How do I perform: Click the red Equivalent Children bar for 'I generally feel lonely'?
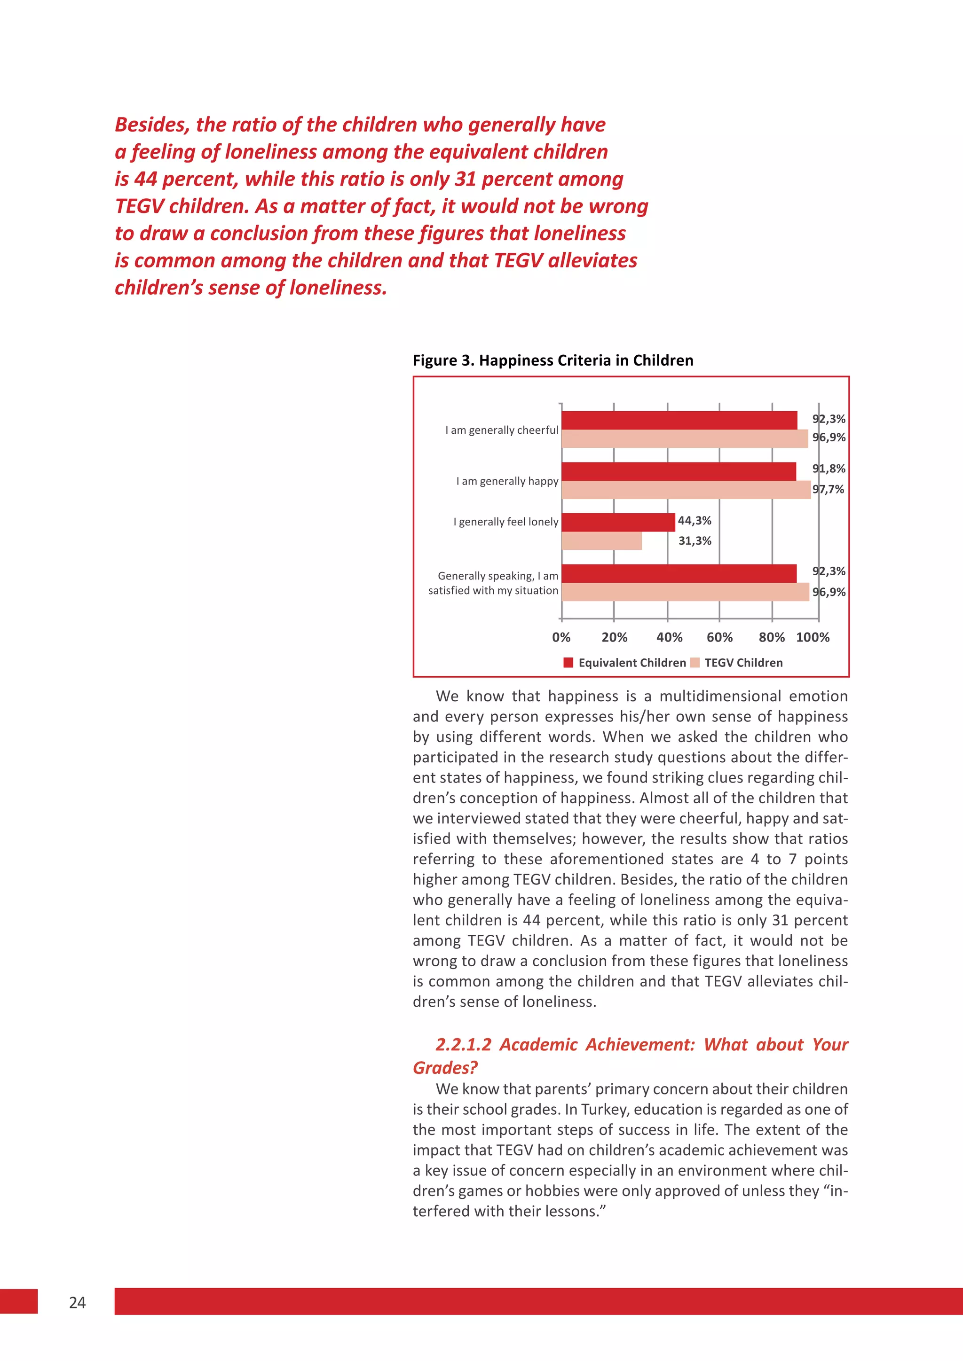618,522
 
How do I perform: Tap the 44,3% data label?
695,520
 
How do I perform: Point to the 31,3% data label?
695,540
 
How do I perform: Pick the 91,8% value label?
829,468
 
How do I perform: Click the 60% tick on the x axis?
719,637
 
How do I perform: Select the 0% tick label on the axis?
561,637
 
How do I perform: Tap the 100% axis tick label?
813,637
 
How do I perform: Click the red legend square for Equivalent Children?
568,663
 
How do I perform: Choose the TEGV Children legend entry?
743,663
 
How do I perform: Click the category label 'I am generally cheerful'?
502,430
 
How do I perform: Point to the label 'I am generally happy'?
507,481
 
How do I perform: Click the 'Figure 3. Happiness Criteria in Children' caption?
553,360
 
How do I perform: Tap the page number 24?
77,1302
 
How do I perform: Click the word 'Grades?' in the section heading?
445,1068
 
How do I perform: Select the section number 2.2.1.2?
463,1044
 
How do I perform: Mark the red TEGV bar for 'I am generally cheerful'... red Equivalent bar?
679,420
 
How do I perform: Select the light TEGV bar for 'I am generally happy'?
686,490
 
